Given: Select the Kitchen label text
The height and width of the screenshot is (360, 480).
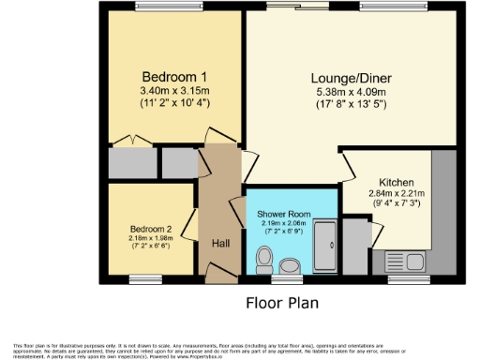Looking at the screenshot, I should [397, 182].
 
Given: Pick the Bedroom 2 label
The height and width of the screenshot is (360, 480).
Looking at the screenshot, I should [150, 229].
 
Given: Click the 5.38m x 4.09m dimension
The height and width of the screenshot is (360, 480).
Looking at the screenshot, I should [352, 91].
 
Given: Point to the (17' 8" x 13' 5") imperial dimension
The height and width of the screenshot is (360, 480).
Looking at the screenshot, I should [352, 104].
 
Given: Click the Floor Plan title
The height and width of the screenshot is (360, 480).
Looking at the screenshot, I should [282, 303].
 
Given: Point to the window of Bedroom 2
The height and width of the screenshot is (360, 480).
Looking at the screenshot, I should [145, 277].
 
